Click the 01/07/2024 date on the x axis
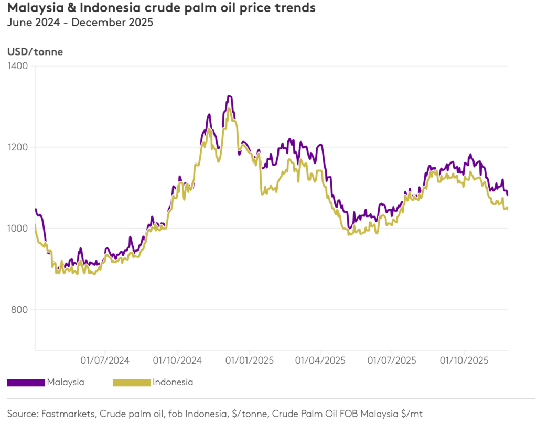click(105, 361)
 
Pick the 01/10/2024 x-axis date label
click(177, 361)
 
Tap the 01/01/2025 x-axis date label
click(249, 361)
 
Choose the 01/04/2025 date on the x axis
click(320, 361)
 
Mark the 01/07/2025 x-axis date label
click(392, 361)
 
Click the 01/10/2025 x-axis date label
click(464, 361)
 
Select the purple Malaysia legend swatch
click(26, 383)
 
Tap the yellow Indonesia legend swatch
click(132, 383)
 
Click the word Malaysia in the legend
click(66, 382)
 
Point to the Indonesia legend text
click(173, 382)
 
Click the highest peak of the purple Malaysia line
click(229, 96)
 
